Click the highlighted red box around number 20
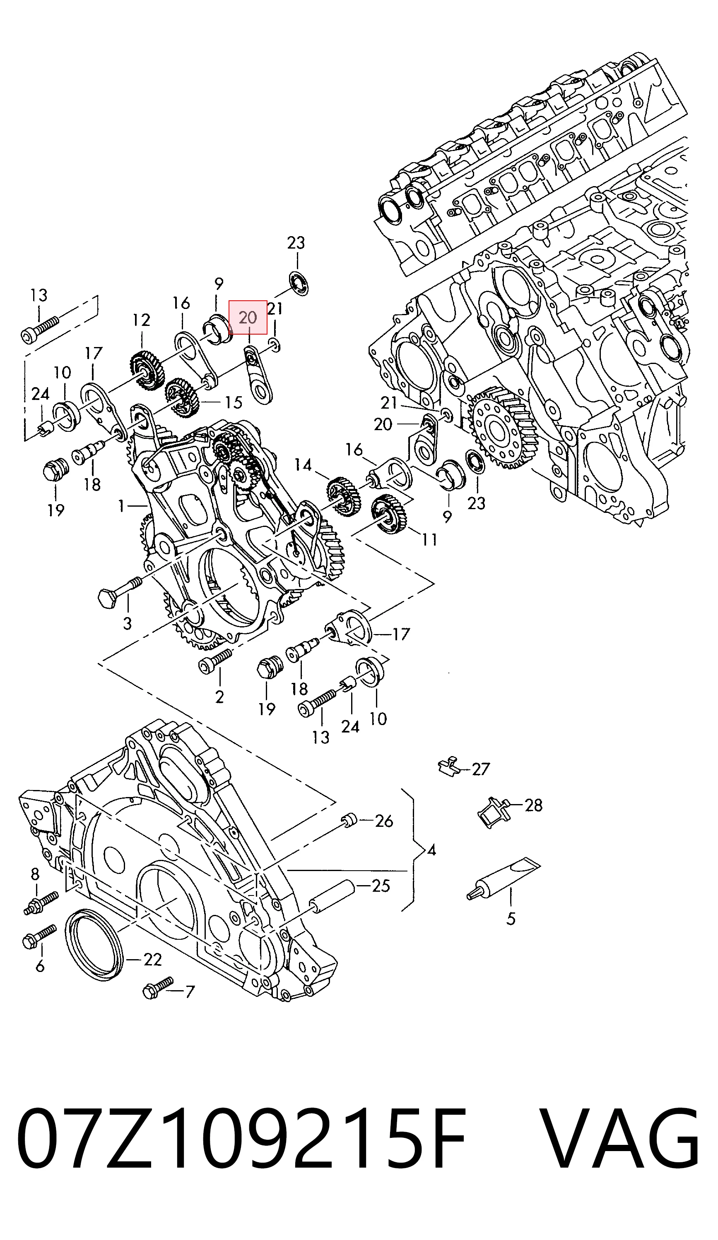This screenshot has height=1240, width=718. [248, 317]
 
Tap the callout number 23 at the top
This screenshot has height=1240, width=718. [296, 243]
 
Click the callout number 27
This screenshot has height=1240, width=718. [481, 768]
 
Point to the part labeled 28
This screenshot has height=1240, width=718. [493, 812]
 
